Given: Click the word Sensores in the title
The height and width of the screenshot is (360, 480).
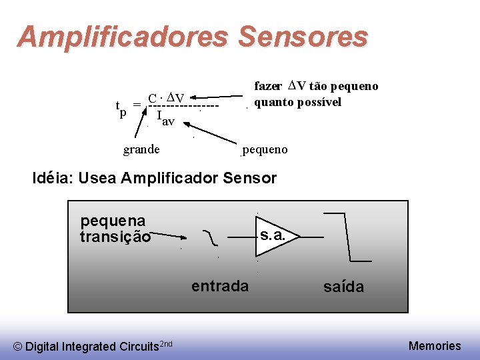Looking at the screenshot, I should pos(302,37).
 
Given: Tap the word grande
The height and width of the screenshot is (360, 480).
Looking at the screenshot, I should pos(141,149).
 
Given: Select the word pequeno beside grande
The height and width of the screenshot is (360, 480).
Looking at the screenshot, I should pos(265,149).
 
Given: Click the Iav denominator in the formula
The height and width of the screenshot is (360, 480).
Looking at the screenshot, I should pos(165,118).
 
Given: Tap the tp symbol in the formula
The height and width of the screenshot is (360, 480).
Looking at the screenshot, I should pos(121,108).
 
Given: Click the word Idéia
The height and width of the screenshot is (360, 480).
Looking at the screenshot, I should pos(53,178).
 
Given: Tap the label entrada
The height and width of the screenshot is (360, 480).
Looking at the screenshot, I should pos(219,287).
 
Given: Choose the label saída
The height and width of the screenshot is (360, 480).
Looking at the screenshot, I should pos(343,287).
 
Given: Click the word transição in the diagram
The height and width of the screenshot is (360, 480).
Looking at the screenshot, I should pos(115,237).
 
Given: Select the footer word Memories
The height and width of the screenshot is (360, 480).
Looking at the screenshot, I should pos(434,345).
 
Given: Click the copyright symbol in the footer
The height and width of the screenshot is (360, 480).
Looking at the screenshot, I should pos(18,346).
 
